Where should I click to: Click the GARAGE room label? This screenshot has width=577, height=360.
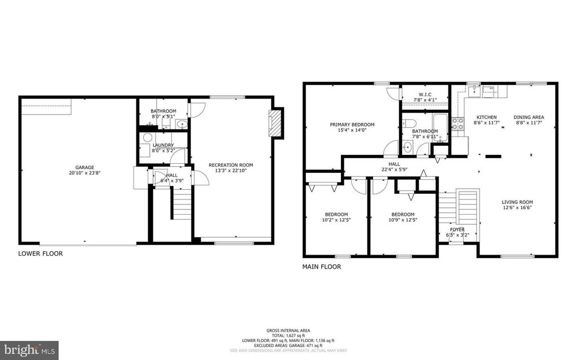85,167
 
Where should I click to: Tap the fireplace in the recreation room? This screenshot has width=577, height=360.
275,122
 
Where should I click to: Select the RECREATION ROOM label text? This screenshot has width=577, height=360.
230,165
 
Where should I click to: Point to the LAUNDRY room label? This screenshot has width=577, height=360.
163,145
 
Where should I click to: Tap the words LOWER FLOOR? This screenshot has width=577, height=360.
41,254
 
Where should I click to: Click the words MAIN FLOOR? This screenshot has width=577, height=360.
322,267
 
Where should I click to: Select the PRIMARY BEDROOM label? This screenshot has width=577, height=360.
352,125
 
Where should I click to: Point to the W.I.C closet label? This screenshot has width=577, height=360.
425,94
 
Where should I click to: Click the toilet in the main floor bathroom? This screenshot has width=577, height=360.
410,123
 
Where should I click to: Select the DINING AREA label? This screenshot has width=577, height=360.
529,117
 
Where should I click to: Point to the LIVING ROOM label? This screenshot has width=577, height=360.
517,202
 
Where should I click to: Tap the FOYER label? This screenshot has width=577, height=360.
458,229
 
